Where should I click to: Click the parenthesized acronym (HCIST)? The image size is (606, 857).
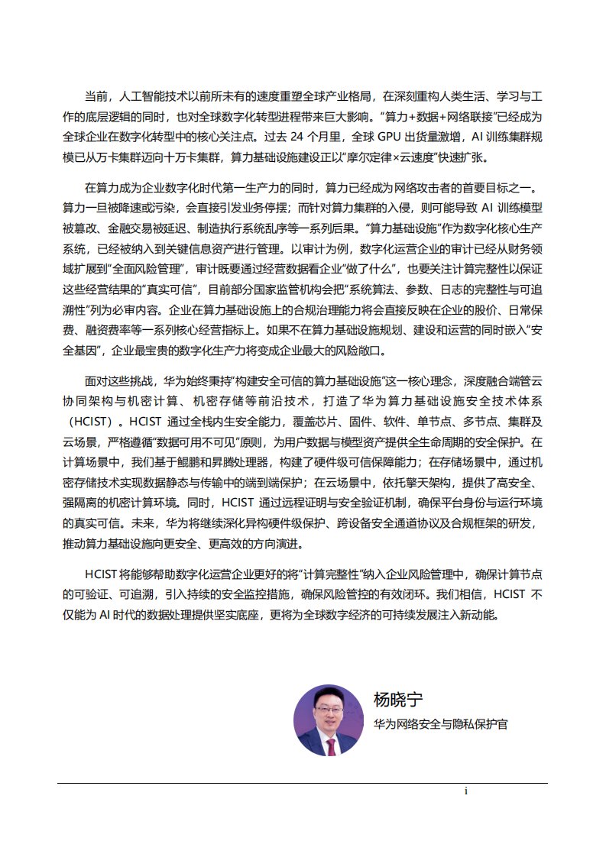(x=91, y=421)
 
